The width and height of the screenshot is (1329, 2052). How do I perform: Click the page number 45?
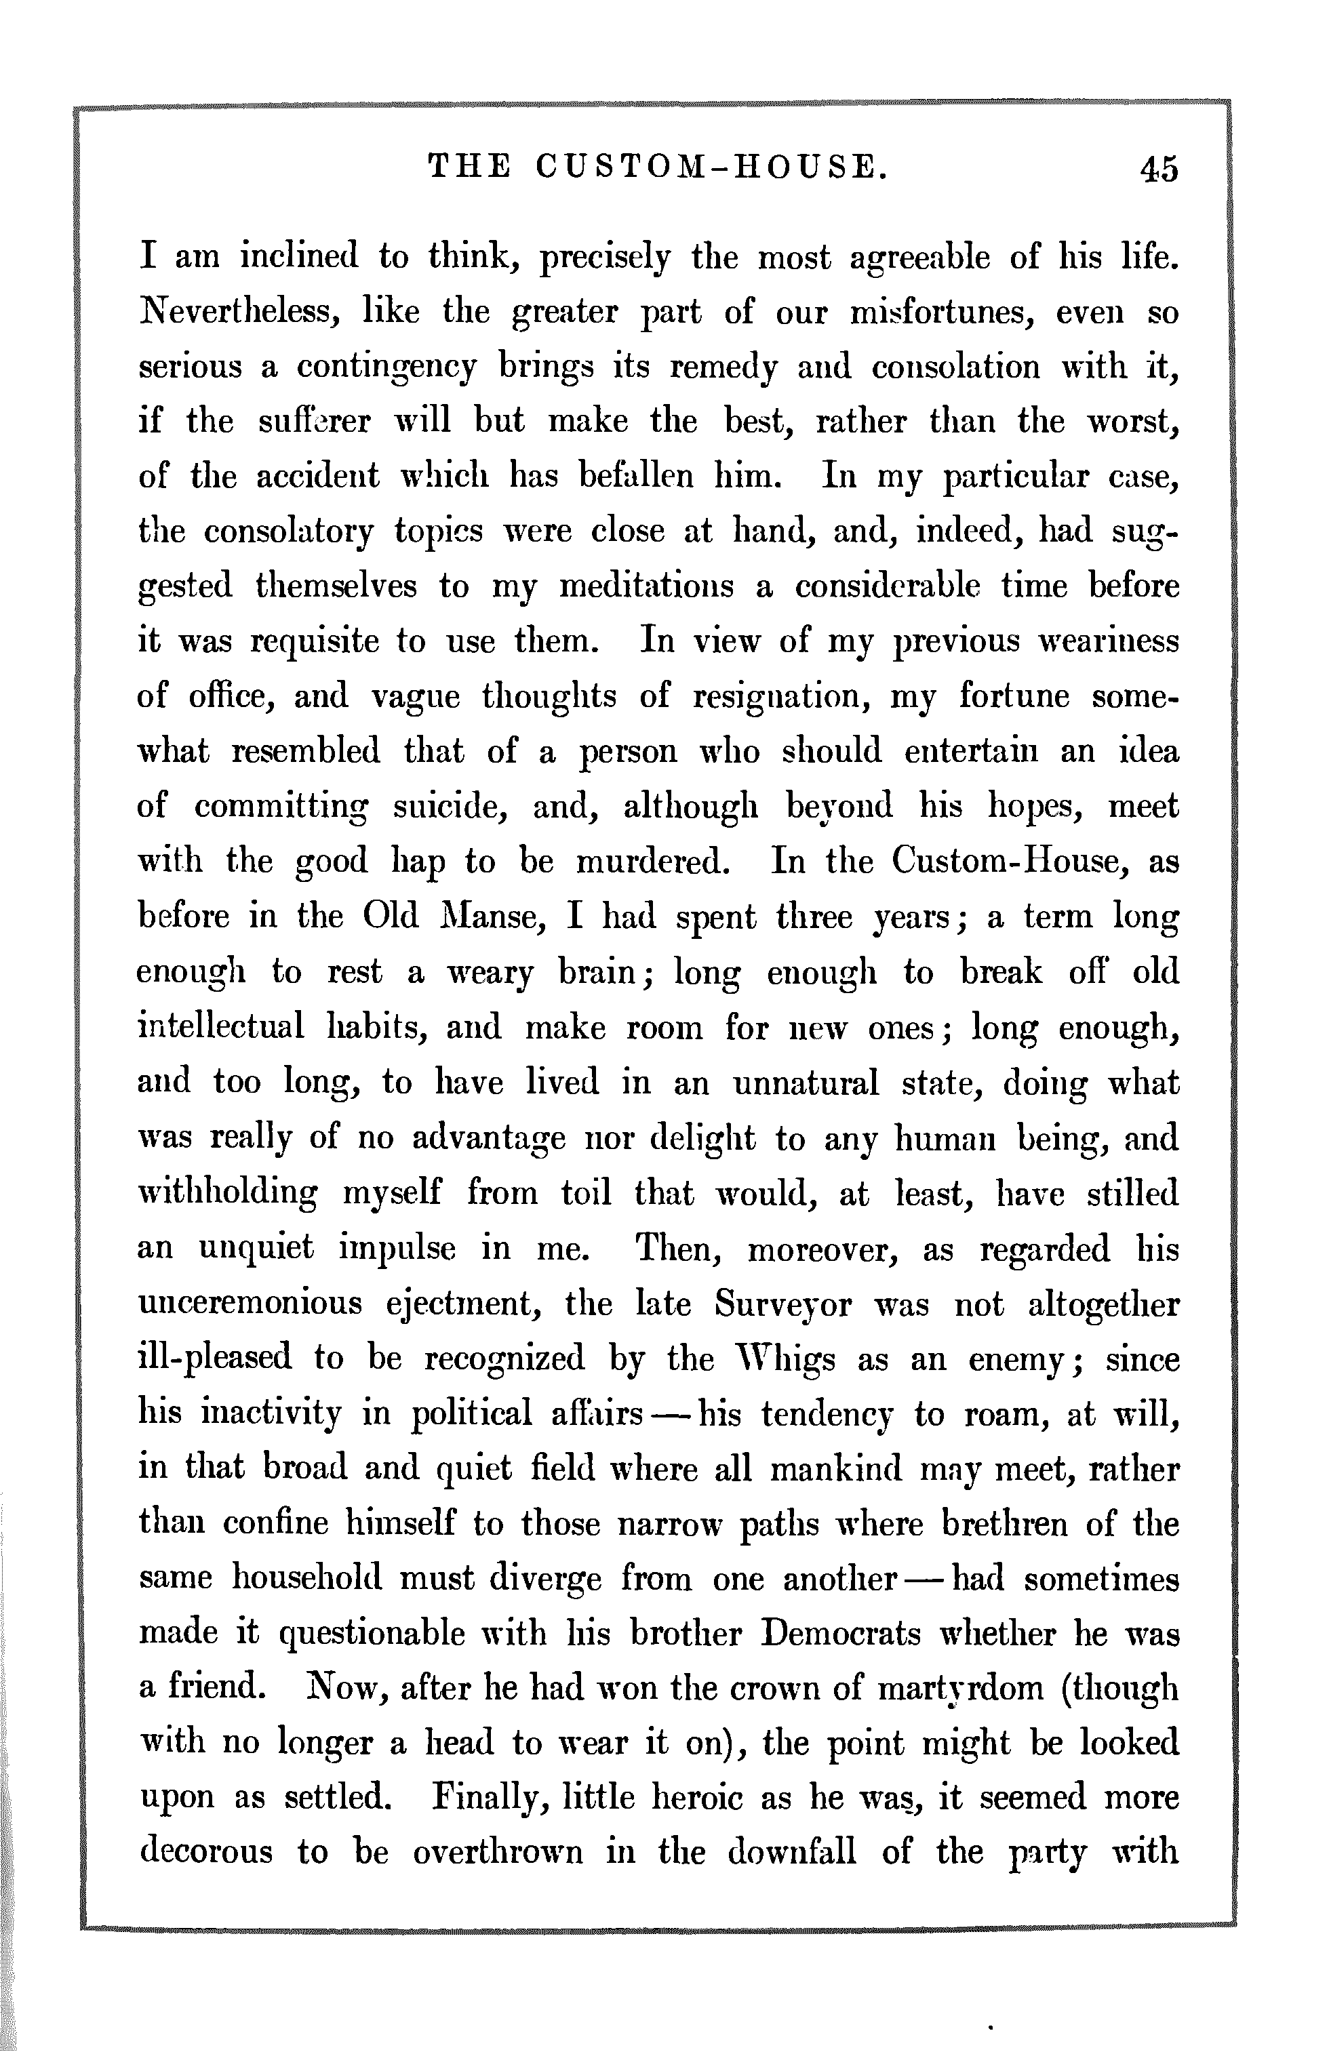1157,169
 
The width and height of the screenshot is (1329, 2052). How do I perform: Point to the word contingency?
386,368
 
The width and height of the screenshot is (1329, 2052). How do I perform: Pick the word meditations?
647,587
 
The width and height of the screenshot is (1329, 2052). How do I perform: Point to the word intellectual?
221,1028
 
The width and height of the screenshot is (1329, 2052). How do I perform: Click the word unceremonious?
250,1303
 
